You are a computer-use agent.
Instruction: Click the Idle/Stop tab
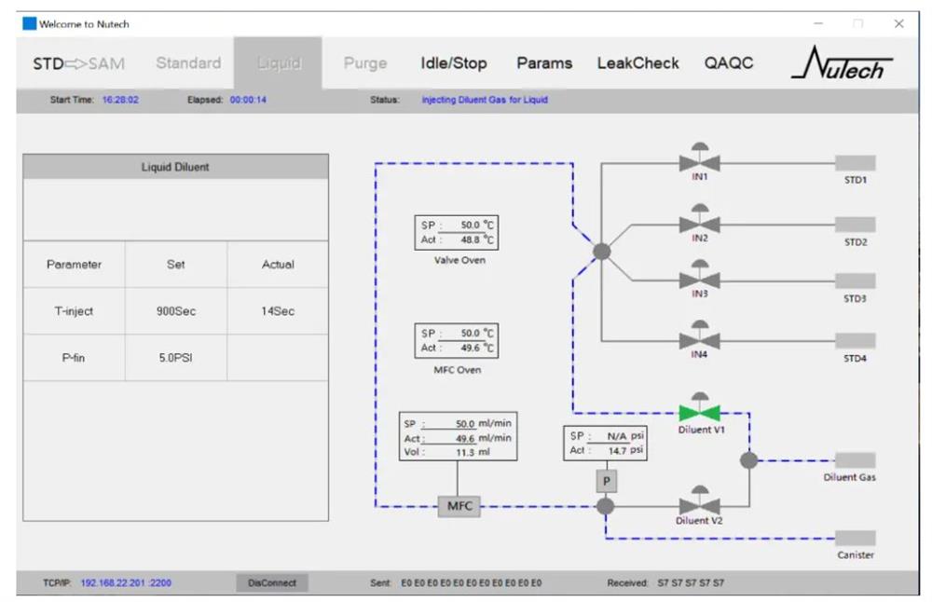[454, 63]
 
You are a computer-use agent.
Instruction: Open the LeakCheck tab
[637, 63]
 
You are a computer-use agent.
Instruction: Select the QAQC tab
[729, 63]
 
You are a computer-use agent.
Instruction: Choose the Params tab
[544, 63]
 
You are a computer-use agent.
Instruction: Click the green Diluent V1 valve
[700, 411]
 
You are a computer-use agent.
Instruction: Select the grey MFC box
[459, 506]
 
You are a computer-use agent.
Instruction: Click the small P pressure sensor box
[606, 481]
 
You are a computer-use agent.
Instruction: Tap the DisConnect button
[272, 582]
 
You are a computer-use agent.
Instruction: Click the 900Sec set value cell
[175, 311]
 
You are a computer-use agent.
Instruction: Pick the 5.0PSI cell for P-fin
[175, 358]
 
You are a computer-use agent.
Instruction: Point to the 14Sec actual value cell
[278, 311]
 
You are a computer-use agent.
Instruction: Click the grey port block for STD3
[855, 280]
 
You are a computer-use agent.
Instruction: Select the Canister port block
[855, 538]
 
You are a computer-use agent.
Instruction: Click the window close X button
[898, 23]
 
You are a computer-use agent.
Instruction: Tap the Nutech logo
[843, 63]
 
